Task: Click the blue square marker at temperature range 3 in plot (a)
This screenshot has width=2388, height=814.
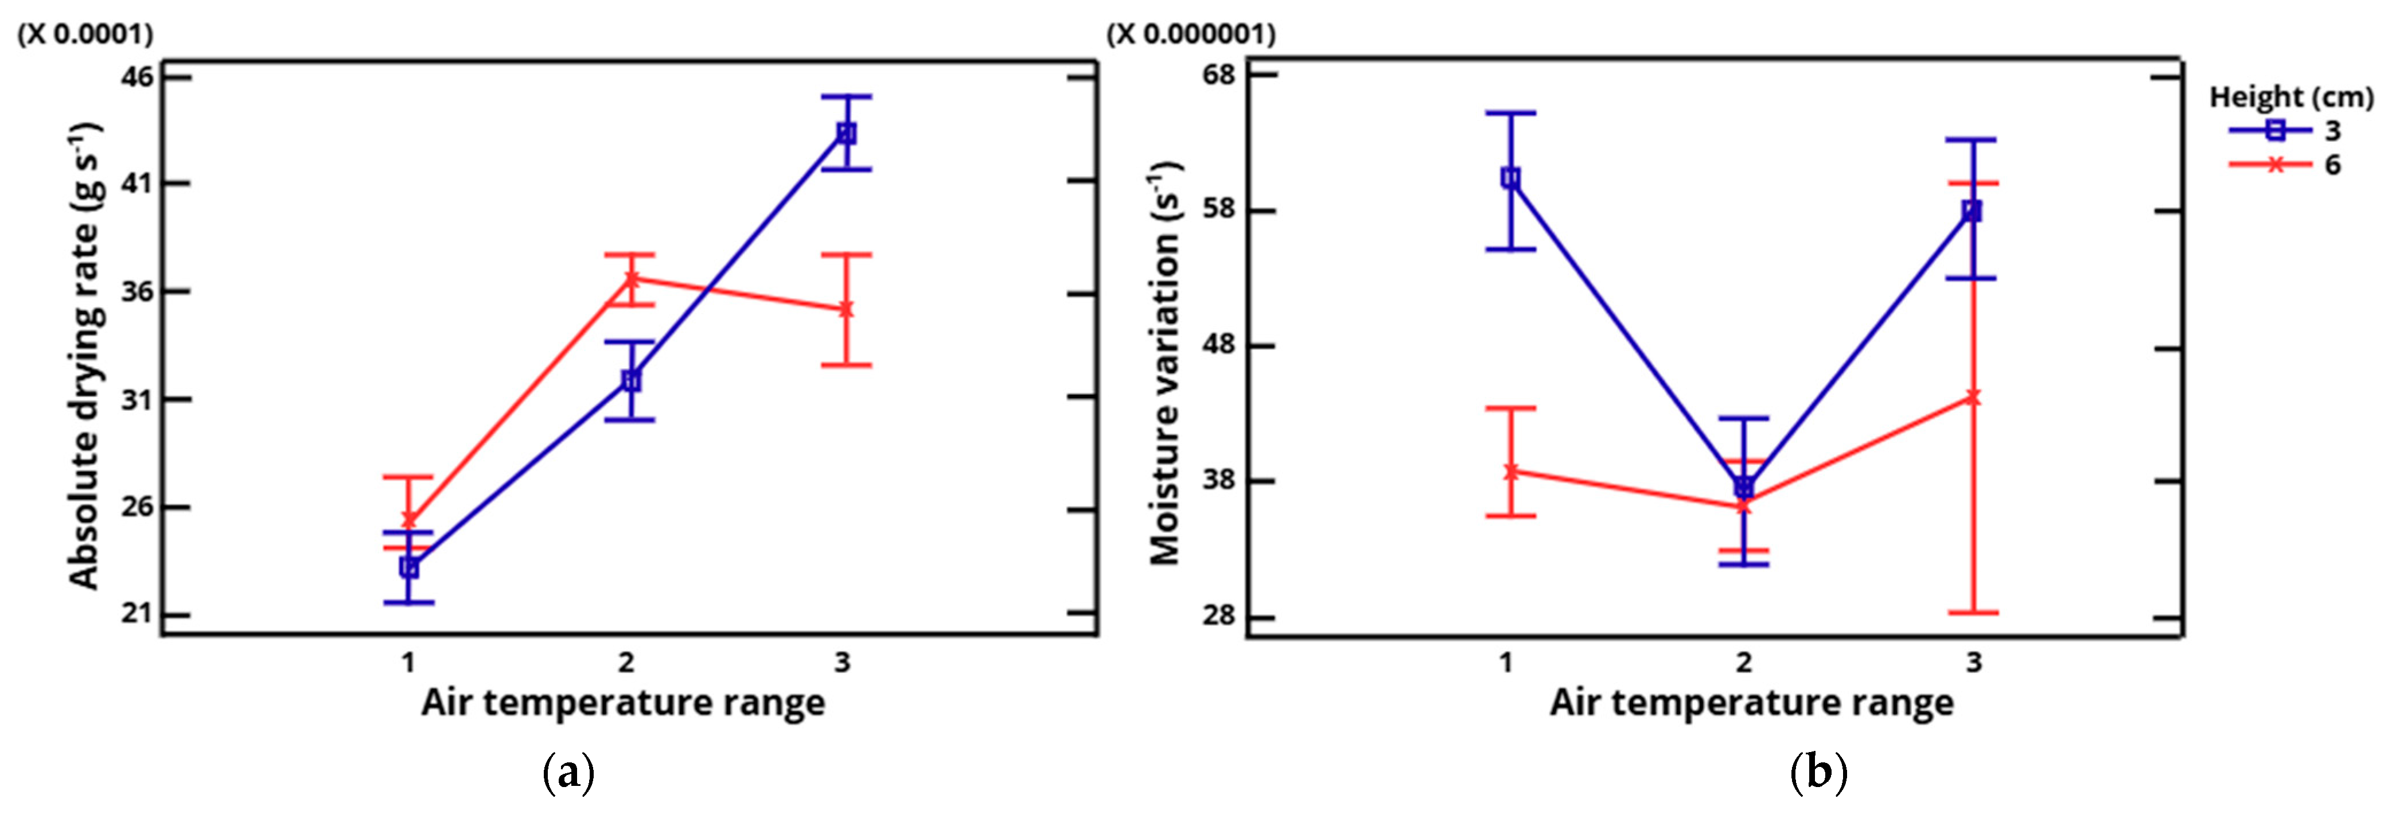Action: [846, 134]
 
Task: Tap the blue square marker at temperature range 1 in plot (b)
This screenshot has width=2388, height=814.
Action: [1510, 179]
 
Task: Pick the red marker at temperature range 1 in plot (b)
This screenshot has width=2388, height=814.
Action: [1511, 471]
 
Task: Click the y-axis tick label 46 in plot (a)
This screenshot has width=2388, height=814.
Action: [137, 76]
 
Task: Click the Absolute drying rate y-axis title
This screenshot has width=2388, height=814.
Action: [85, 357]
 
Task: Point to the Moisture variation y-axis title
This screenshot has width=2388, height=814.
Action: [1166, 364]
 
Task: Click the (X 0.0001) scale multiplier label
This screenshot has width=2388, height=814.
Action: [85, 34]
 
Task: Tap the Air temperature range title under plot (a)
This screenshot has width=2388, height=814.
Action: [623, 703]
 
